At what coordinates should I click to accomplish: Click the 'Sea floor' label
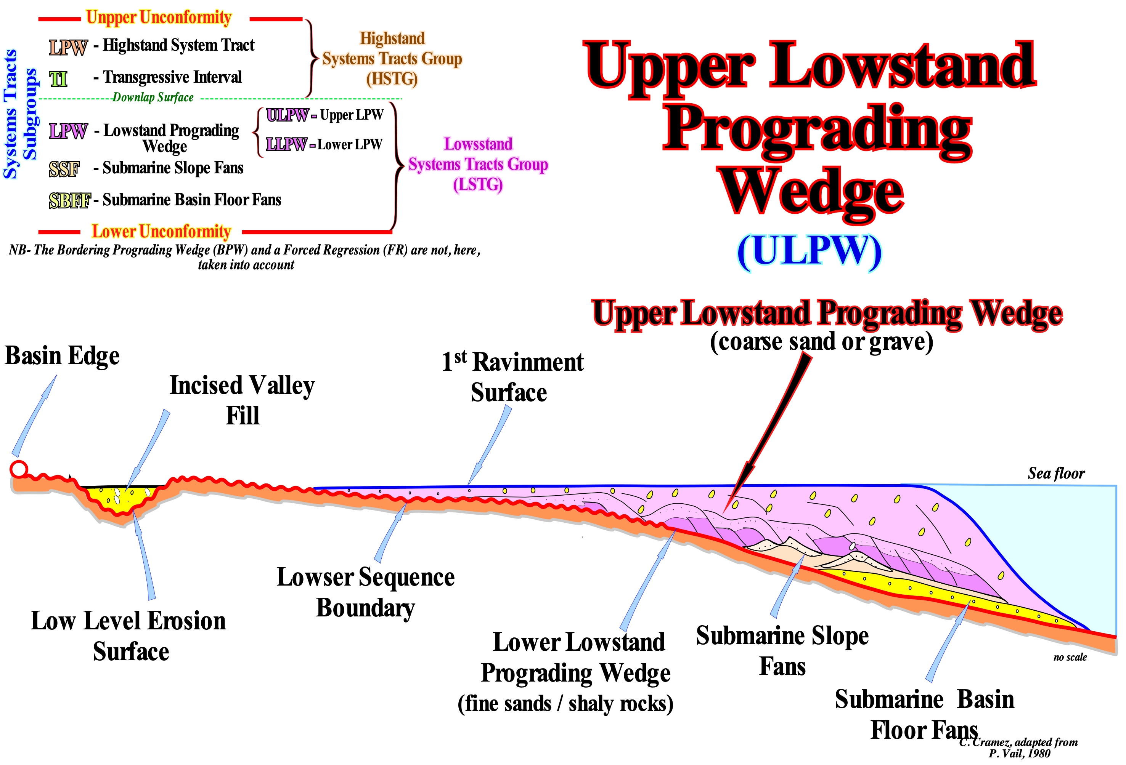(x=1056, y=473)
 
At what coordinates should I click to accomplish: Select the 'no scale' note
(x=1070, y=657)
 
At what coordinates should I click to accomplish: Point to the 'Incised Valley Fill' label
(x=242, y=400)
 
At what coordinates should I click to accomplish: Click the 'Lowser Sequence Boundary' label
(x=365, y=592)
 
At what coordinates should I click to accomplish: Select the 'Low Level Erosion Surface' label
(x=129, y=636)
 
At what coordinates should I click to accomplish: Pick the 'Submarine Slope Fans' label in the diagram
(x=782, y=650)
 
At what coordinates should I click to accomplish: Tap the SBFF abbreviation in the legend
(x=70, y=200)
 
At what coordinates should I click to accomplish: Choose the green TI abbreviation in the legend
(x=58, y=78)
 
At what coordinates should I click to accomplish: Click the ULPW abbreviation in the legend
(x=287, y=115)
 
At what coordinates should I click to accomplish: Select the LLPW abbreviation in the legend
(x=286, y=144)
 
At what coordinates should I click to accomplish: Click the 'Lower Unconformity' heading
(x=161, y=231)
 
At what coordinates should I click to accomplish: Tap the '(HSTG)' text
(x=392, y=78)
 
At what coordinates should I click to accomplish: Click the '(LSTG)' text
(x=478, y=184)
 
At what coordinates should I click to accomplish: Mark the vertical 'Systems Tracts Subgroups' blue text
(x=20, y=114)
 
